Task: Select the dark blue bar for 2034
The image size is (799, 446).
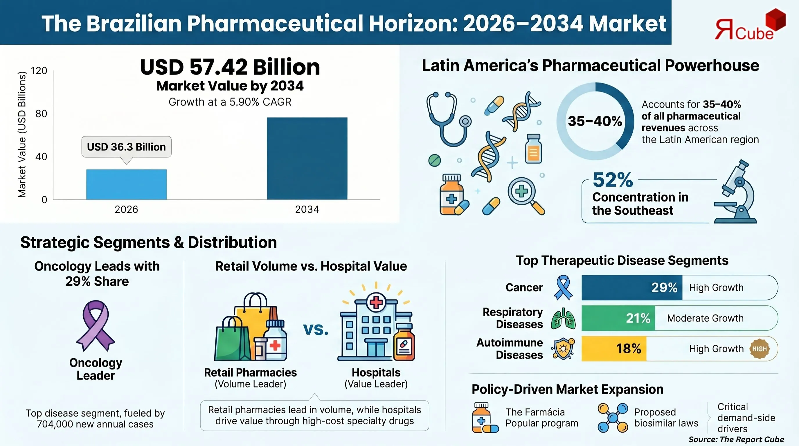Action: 307,158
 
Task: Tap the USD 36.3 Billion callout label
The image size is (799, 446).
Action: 126,147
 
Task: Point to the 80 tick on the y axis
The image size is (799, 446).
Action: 41,114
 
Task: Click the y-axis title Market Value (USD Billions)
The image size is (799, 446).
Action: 22,134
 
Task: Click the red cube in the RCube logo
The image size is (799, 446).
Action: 775,19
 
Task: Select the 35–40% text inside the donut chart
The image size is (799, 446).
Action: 595,121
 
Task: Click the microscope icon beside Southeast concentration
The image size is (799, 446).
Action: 737,192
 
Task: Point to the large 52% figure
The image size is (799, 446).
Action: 613,180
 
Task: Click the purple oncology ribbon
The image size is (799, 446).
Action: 96,326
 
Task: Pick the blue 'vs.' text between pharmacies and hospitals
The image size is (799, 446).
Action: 316,329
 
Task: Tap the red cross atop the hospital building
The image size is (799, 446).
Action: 376,302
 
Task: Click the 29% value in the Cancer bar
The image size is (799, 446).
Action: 664,287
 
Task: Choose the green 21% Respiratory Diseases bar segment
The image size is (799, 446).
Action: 618,318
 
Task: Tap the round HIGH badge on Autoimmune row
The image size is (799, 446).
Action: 759,349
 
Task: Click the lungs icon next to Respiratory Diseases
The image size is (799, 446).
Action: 563,319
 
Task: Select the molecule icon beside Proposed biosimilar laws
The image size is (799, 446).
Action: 613,418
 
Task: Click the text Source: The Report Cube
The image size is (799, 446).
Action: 736,440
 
